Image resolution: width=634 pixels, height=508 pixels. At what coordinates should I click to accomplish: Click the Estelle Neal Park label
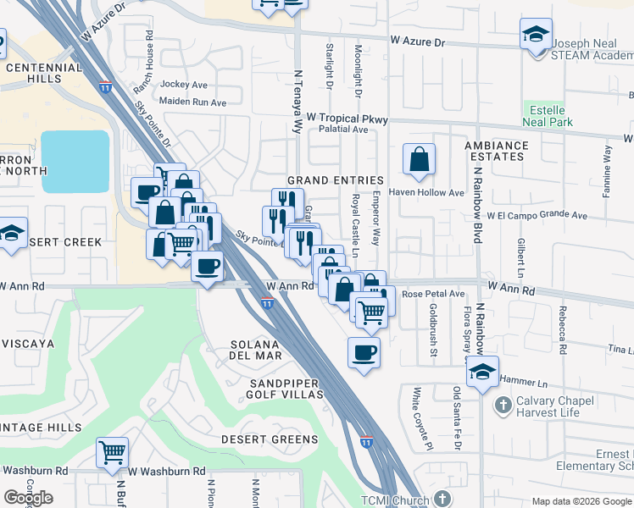coord(550,117)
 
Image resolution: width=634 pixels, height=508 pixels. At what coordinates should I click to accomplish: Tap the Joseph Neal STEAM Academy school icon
coord(535,35)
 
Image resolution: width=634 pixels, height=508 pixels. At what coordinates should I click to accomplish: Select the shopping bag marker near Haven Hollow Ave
coord(419,159)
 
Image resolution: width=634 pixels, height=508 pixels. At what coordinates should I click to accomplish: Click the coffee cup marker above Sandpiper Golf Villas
coord(364,352)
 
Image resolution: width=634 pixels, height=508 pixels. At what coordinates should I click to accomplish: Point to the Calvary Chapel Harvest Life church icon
coord(503,404)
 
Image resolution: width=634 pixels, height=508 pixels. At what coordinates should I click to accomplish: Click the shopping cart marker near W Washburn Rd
coord(112,452)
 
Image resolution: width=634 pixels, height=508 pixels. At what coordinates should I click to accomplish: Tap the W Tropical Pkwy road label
coord(347,119)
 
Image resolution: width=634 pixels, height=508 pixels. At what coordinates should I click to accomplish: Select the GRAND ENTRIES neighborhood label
coord(335,180)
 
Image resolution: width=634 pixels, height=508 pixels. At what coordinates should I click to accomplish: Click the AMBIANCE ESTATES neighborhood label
coord(495,151)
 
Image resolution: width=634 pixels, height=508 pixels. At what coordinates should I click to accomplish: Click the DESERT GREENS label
coord(270,439)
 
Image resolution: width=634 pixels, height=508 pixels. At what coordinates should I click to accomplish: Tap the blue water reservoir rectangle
coord(75,161)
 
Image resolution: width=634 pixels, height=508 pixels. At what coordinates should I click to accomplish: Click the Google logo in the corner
coord(28,498)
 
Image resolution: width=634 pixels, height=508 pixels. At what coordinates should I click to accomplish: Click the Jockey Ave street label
coord(184,85)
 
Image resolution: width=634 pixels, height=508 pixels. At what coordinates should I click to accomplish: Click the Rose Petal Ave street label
coord(433,294)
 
